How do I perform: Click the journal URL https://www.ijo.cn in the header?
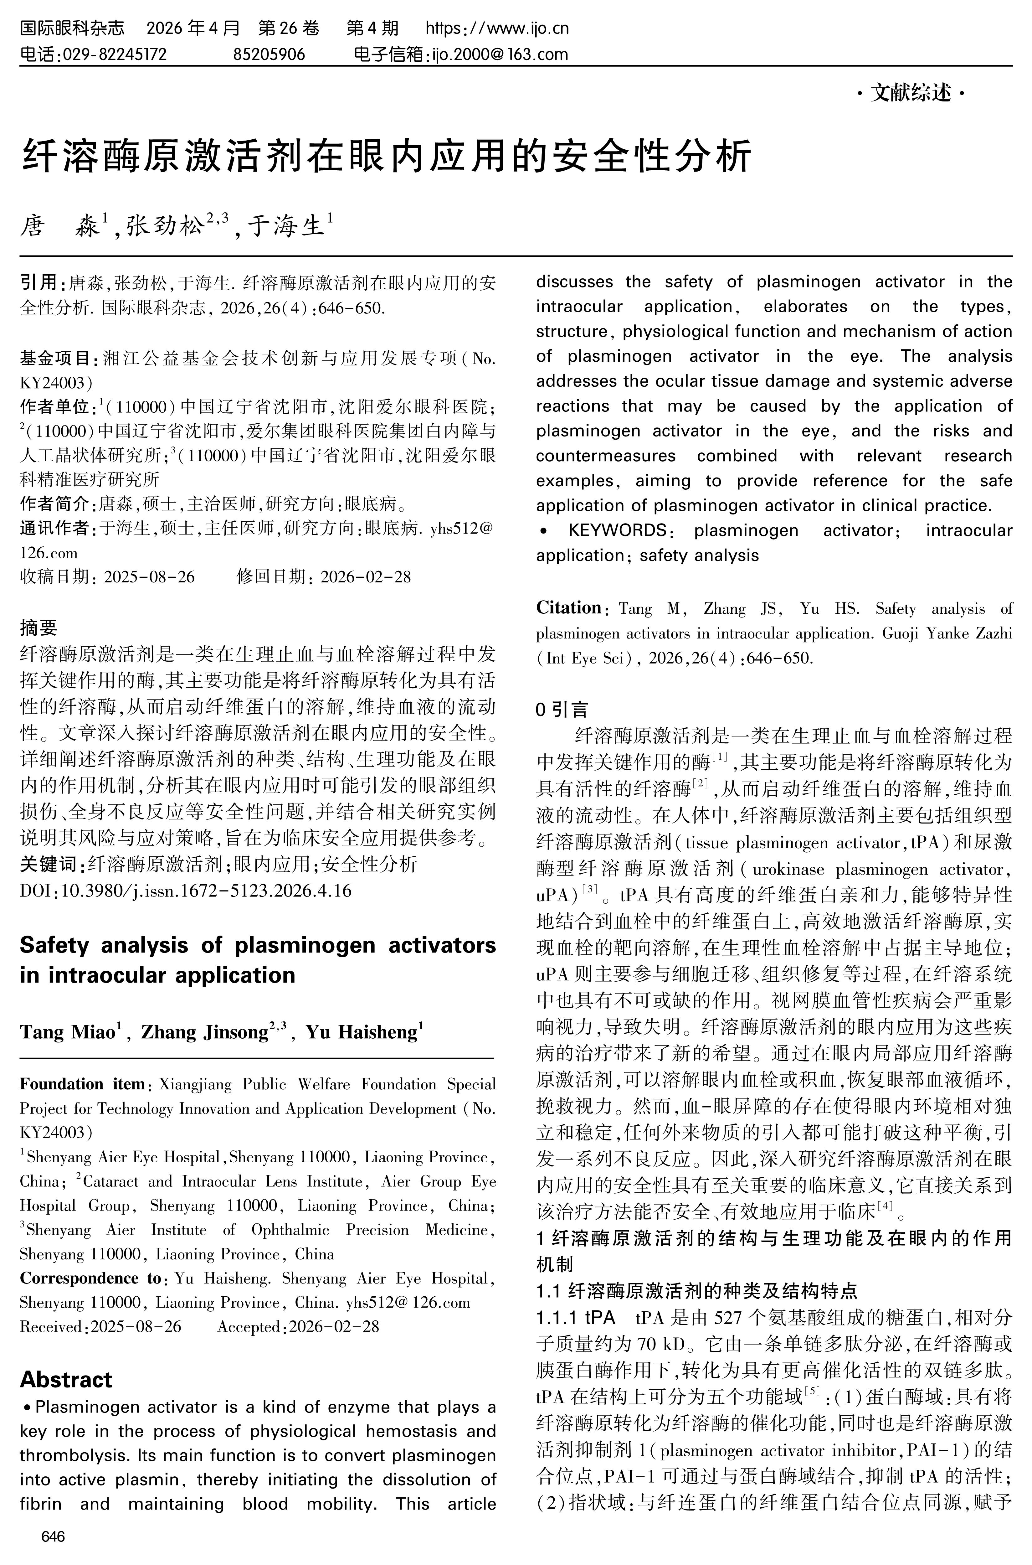(x=497, y=28)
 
